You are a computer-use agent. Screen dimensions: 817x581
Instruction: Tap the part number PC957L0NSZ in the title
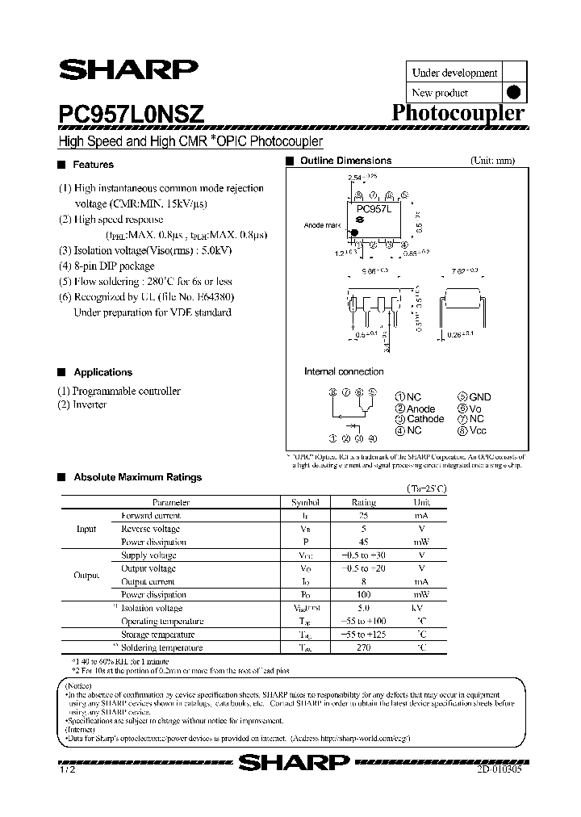tap(131, 114)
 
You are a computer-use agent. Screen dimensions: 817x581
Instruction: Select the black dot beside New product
tap(513, 93)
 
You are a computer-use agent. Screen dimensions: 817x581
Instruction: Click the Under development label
tap(454, 73)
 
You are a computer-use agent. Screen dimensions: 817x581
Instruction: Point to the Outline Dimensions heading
tap(345, 161)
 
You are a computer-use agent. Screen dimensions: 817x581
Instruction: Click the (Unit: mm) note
tap(492, 161)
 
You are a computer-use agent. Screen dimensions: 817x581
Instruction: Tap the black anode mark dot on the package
tap(353, 233)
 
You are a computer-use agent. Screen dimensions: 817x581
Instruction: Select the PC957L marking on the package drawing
tap(374, 209)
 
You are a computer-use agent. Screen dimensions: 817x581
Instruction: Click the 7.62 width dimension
tap(463, 270)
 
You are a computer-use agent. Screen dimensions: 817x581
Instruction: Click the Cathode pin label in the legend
tap(424, 419)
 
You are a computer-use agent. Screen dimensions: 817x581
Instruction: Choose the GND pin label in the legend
tap(479, 397)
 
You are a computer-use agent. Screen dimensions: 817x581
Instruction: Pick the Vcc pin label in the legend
tap(479, 430)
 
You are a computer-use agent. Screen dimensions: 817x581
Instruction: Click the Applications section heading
tap(102, 372)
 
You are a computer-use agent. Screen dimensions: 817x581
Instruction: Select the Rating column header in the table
tap(364, 501)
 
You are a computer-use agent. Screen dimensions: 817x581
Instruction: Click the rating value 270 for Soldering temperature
tap(364, 647)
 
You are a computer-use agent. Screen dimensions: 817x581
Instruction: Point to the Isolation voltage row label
tap(152, 608)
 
